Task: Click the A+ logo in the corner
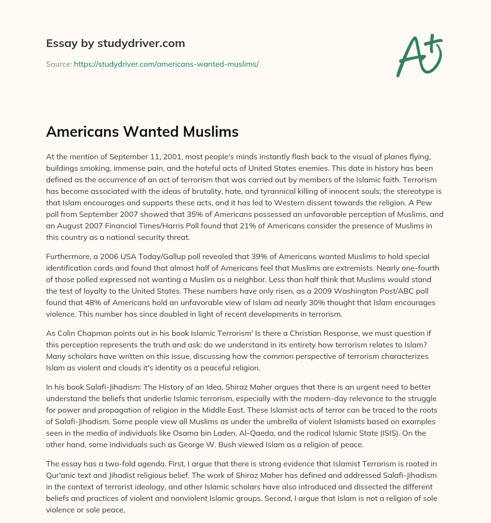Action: click(x=419, y=55)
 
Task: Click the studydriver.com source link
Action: click(x=166, y=64)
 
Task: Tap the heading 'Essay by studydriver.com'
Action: click(x=115, y=44)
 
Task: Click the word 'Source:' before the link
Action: click(x=58, y=64)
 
